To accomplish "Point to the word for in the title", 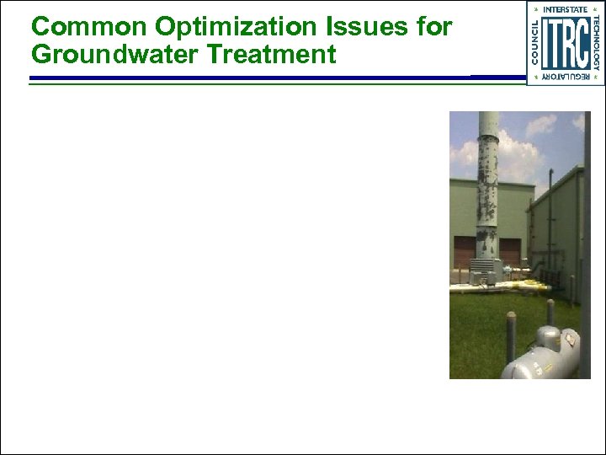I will click(433, 27).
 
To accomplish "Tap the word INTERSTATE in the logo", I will click(565, 9).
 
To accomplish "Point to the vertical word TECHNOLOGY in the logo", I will click(596, 42).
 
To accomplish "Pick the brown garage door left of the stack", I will click(464, 253).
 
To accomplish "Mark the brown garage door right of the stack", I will click(510, 251).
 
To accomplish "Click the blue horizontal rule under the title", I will click(252, 78).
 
